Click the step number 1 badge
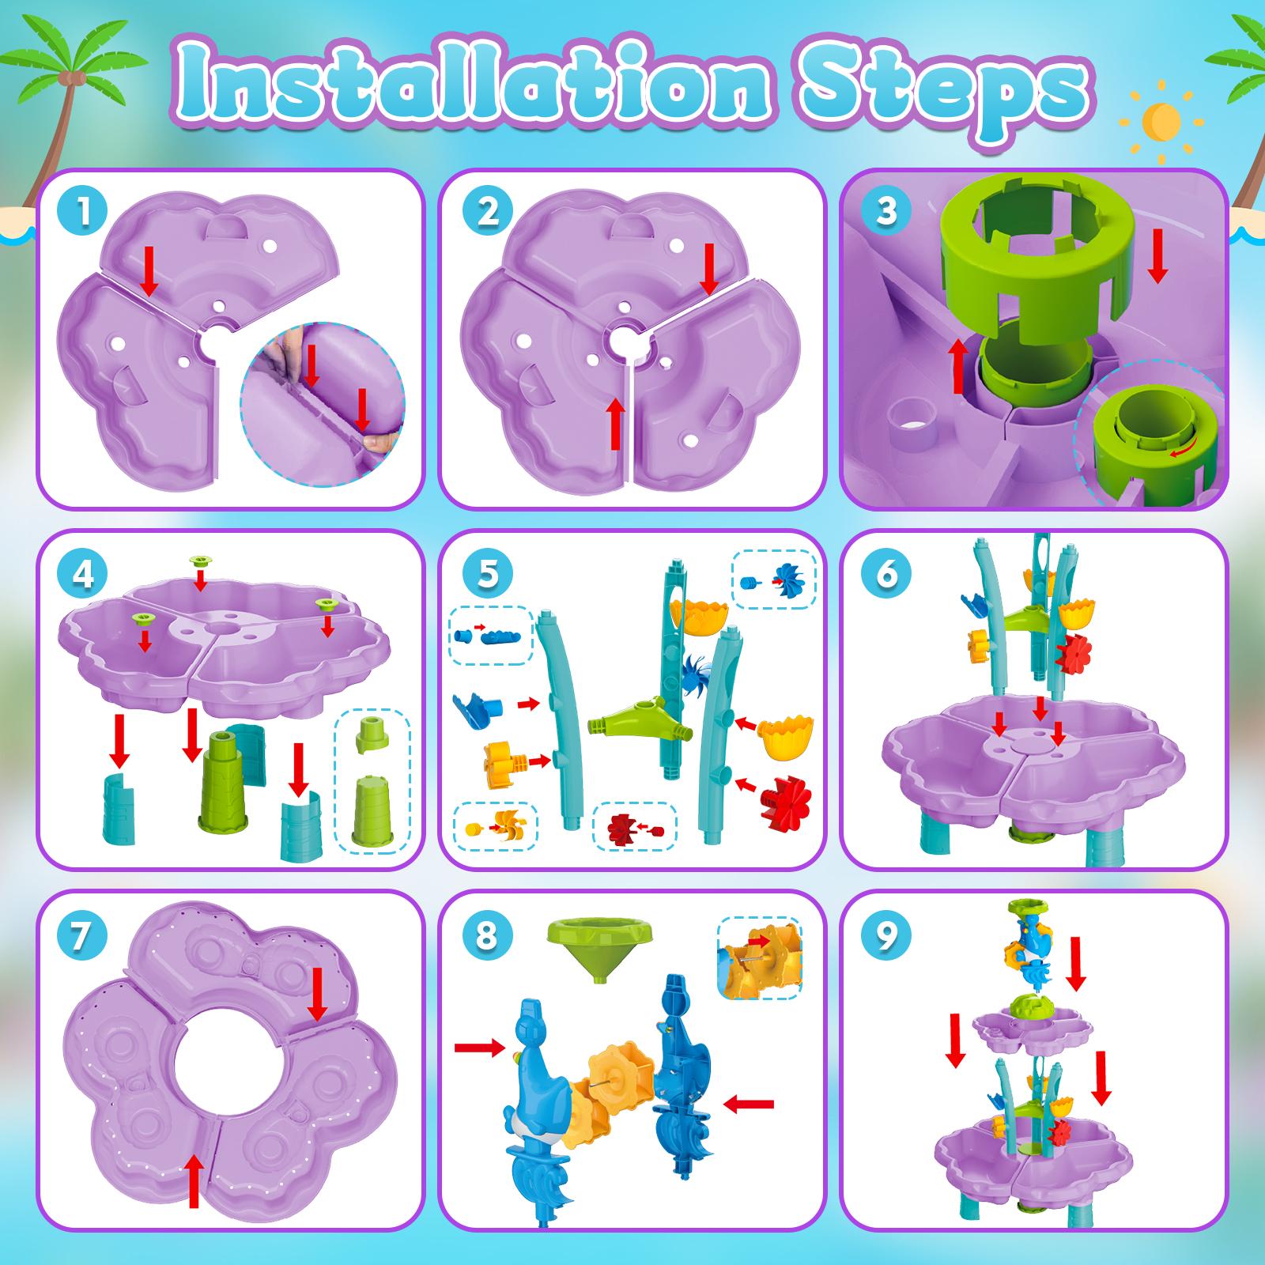[83, 212]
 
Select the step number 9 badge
[886, 936]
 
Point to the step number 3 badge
[886, 212]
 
